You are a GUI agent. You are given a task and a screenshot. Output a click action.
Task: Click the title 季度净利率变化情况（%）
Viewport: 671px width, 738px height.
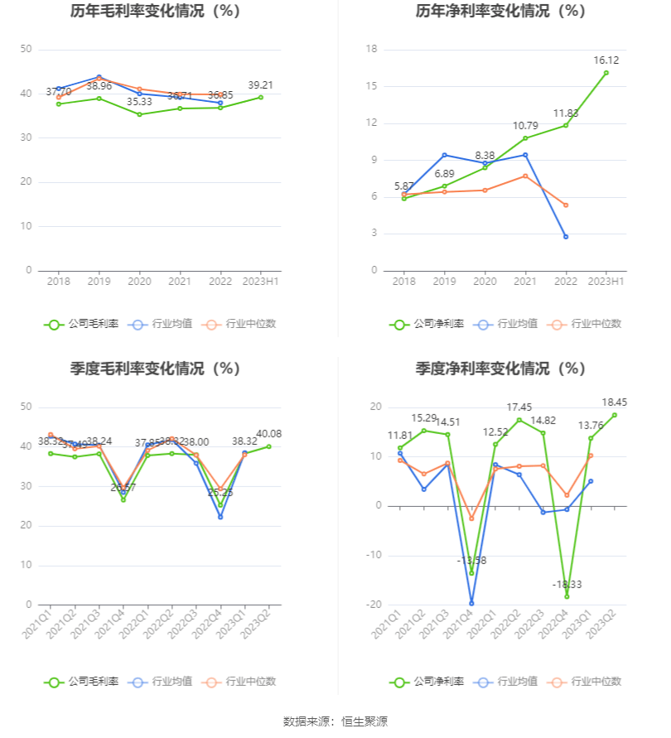coord(500,369)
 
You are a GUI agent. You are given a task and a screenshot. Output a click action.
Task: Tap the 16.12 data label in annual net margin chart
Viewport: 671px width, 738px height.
coord(606,60)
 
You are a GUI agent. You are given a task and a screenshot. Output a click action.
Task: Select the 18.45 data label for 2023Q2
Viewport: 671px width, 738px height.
coord(614,402)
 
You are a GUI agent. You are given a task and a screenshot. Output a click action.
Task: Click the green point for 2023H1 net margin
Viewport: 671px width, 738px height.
coord(606,73)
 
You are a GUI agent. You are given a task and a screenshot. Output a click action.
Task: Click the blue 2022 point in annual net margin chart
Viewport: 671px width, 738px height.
coord(566,237)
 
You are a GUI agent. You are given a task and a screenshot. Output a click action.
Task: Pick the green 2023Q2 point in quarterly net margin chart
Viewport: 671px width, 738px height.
coord(614,415)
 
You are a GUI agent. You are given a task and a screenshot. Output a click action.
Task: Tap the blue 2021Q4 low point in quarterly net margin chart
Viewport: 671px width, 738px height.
coord(471,603)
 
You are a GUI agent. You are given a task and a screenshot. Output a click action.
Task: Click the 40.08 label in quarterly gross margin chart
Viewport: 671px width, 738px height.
coord(268,434)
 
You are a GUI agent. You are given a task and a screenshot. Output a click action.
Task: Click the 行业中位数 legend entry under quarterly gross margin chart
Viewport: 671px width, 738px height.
coord(248,682)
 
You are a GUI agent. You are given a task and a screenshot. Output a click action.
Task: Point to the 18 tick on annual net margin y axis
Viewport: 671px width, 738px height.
coord(372,50)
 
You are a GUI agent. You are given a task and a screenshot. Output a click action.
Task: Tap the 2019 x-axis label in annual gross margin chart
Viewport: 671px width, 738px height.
coord(99,282)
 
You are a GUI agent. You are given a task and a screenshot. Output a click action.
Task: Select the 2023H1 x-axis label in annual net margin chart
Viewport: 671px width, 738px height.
coord(606,282)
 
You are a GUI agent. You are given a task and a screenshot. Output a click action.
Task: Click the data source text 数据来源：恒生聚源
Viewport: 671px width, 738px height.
coord(335,721)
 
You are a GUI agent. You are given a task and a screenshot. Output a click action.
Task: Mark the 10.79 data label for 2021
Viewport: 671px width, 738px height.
coord(525,125)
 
